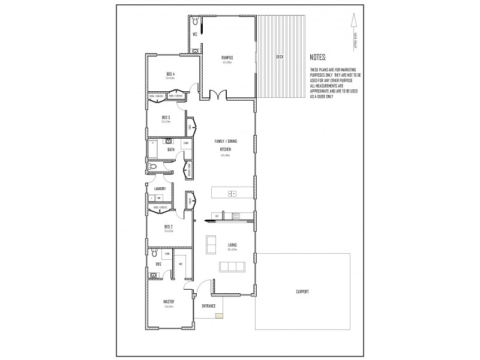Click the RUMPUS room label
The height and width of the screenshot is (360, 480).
(227, 57)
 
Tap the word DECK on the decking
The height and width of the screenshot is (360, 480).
(280, 57)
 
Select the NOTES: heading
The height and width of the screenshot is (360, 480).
(318, 58)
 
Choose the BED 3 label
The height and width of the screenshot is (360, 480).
(166, 117)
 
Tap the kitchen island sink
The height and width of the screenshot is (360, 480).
(233, 193)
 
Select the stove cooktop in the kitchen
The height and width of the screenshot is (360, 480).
(236, 215)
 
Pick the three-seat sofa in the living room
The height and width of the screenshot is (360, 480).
(227, 266)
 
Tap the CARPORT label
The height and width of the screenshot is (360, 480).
(302, 292)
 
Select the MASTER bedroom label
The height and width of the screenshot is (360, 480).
(169, 301)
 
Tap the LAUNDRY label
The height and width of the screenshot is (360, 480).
(160, 189)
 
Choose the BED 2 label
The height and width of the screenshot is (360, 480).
(169, 226)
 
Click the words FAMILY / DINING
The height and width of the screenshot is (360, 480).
(226, 141)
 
